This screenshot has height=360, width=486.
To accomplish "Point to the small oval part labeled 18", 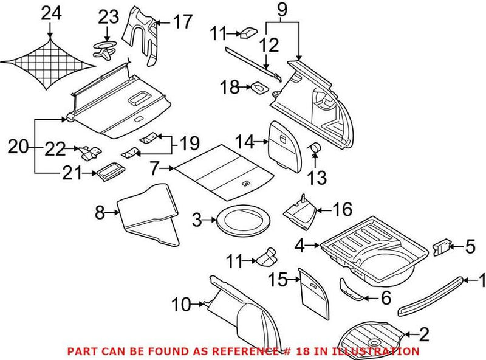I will point(260,88).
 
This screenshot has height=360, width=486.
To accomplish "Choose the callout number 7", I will point(154,167).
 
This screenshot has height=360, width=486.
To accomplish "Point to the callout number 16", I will point(342,210).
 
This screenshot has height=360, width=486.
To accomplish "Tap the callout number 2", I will point(423,333).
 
